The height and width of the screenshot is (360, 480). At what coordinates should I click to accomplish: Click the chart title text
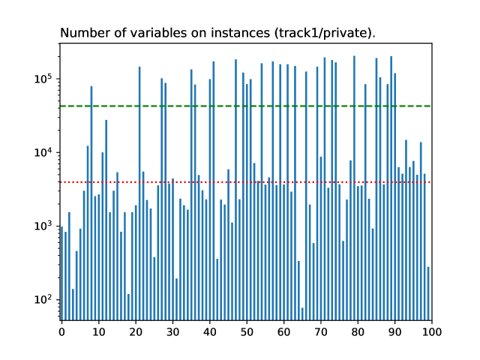pos(217,33)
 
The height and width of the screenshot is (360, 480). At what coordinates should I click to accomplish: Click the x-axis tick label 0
pos(61,330)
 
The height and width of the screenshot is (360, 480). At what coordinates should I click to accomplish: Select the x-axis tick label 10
pos(98,330)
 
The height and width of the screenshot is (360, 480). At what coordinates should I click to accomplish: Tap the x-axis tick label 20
pos(135,330)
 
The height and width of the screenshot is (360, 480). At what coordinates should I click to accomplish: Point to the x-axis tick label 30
pos(172,330)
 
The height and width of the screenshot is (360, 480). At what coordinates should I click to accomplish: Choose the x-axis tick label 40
pos(209,330)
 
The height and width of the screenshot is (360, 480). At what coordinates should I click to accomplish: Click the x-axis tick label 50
pos(246,330)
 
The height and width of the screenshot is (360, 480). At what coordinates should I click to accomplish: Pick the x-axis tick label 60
pos(283,330)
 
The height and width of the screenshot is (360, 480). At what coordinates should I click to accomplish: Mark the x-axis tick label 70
pos(320,330)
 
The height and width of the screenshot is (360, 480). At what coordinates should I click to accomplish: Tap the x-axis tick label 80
pos(357,330)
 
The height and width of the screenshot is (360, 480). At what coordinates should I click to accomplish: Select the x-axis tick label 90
pos(394,330)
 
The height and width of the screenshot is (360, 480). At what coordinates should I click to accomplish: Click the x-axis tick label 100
pos(431,330)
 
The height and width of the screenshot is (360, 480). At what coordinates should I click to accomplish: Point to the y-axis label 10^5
pos(43,79)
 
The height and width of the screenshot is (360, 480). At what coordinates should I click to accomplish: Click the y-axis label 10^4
pos(43,152)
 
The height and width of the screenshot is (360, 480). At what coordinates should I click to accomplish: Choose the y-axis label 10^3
pos(43,226)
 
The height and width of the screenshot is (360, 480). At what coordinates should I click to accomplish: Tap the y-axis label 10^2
pos(43,299)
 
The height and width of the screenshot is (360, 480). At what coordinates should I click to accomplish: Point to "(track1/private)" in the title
pos(326,33)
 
